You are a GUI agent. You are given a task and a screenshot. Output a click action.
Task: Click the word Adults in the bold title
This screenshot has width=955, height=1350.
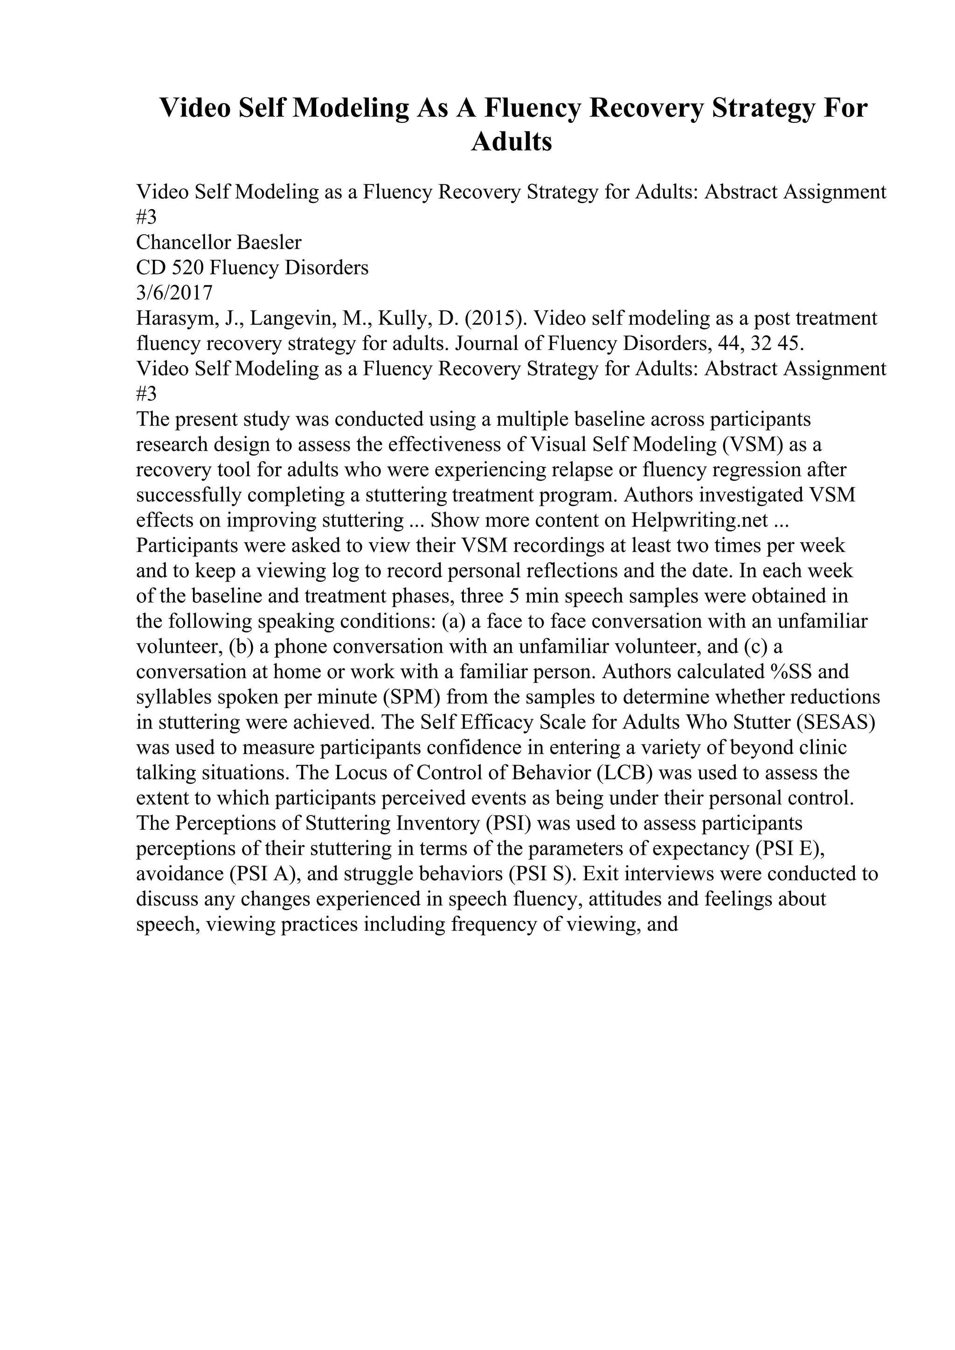(512, 142)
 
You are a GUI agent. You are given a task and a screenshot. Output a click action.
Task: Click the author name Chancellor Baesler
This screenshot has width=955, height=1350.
(218, 243)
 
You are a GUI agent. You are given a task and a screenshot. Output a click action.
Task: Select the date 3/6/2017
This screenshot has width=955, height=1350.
(174, 293)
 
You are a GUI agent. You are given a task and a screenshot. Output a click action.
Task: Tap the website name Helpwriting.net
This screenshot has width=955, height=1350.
(699, 520)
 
